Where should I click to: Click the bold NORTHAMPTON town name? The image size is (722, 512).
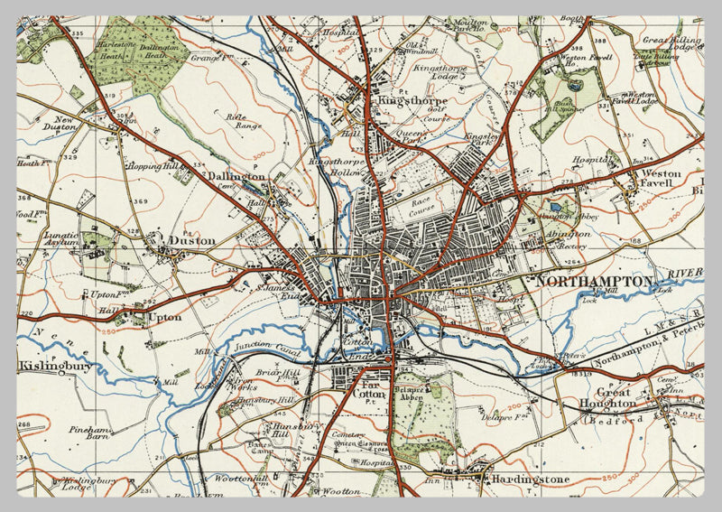pyautogui.click(x=593, y=282)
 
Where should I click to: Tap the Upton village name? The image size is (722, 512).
pyautogui.click(x=164, y=318)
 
